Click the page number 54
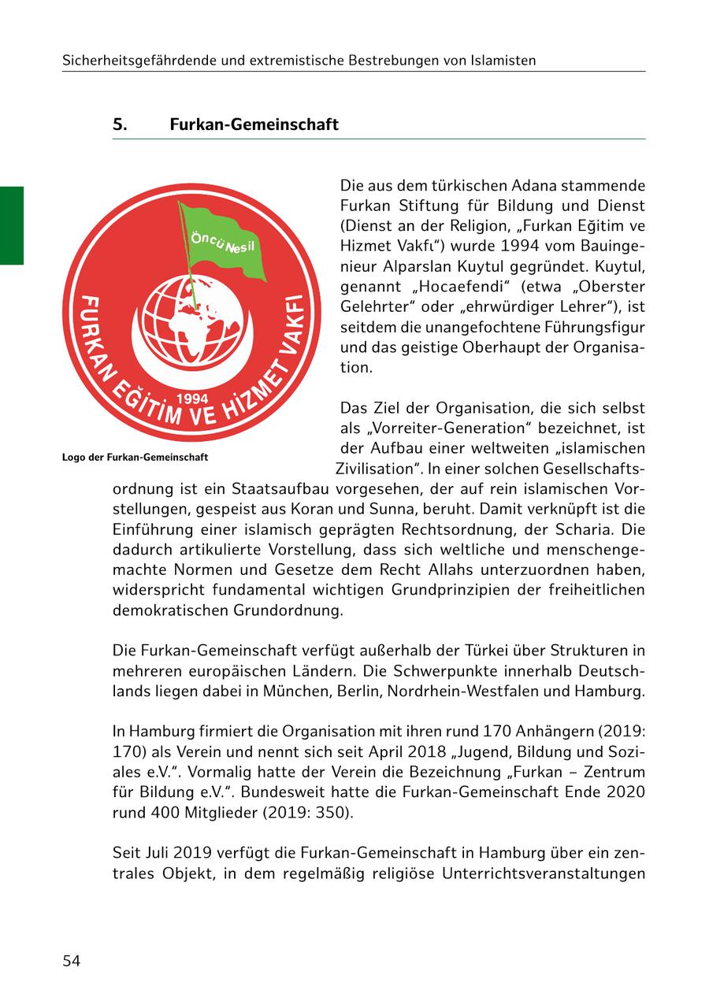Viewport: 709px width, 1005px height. coord(72,961)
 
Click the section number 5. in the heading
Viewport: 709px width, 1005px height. coord(121,124)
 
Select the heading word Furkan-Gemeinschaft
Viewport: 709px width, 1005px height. coord(254,124)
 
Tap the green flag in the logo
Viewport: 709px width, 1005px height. coord(225,243)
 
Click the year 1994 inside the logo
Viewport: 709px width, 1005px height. coord(194,399)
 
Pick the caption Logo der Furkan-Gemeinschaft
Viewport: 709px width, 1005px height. coord(135,457)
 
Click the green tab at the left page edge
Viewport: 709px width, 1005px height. coord(12,225)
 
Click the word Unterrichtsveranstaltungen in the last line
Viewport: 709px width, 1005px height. coord(544,873)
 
